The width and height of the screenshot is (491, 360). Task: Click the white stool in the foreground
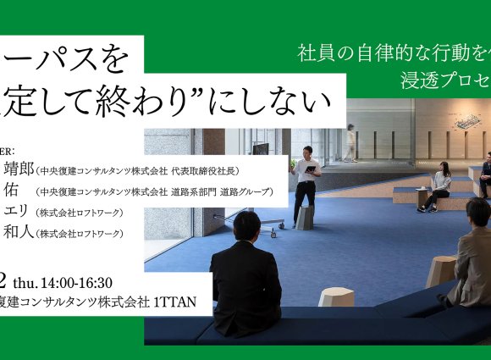[336, 296]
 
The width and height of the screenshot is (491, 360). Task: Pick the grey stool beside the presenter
[305, 218]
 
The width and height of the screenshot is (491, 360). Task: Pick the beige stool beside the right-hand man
[440, 271]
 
